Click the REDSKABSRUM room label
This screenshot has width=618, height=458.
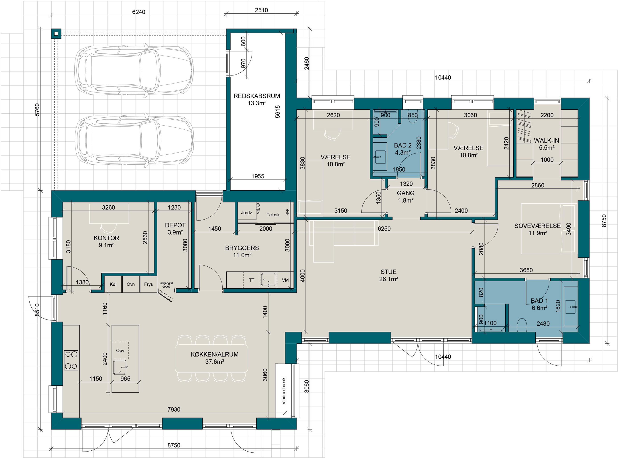coord(257,96)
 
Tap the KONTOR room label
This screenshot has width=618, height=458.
coord(106,238)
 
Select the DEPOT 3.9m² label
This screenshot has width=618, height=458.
coord(175,229)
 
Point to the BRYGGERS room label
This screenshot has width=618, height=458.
coord(242,248)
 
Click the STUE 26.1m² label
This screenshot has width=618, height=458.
coord(389,275)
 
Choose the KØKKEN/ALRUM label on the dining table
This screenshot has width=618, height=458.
coord(215,354)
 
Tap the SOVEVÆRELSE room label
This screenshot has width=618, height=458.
coord(537,226)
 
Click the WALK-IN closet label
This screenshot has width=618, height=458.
coord(547,141)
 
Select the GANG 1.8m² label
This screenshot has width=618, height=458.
coord(406,196)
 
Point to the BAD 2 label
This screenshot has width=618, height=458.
coord(403,145)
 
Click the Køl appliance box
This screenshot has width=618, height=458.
coord(113,284)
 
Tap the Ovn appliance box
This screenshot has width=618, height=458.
coord(131,284)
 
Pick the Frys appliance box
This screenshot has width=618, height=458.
coord(148,284)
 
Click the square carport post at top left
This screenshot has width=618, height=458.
coord(56,34)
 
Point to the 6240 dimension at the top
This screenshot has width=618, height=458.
coord(138,12)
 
